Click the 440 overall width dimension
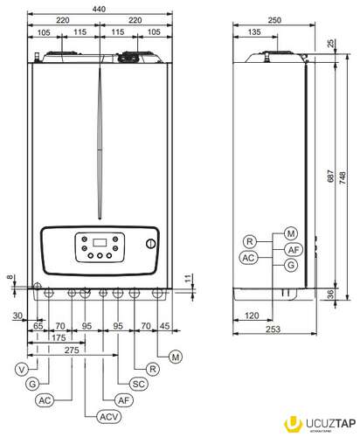coord(99,9)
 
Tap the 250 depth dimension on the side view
coord(274,20)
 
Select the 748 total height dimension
coord(343,177)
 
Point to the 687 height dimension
coord(331,176)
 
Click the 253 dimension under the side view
coord(273,329)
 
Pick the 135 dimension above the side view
coord(254,31)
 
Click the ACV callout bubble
coord(108,417)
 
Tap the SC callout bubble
coord(138,384)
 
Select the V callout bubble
coord(22,370)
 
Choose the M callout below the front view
coord(176,357)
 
